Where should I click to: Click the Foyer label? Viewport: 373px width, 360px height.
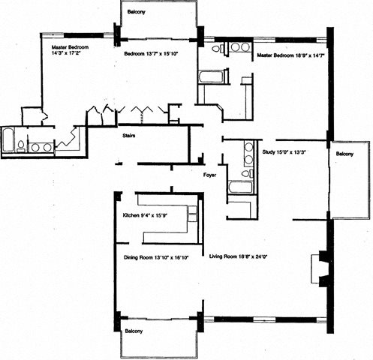[x=209, y=175]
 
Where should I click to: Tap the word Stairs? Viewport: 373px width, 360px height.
[x=129, y=136]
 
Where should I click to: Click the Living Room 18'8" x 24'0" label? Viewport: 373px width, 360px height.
[x=239, y=256]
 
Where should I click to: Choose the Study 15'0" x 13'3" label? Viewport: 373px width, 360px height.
[x=284, y=151]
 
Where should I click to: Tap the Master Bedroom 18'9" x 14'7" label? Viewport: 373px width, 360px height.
[x=290, y=55]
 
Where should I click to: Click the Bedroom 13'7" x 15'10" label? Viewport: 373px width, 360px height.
[x=151, y=53]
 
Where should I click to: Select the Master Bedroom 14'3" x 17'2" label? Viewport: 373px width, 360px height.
[x=70, y=49]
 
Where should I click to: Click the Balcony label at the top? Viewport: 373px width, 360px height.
[x=137, y=12]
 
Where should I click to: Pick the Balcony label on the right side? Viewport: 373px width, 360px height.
[x=344, y=154]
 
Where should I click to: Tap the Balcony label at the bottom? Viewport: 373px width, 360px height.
[x=134, y=331]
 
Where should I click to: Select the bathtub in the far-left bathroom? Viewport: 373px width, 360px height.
[x=8, y=140]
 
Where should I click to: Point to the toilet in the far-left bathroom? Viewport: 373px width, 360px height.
[x=20, y=146]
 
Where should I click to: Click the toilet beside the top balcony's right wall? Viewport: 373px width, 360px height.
[x=218, y=49]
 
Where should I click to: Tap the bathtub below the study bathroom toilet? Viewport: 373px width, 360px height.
[x=240, y=187]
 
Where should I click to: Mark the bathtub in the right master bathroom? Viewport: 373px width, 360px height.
[x=211, y=76]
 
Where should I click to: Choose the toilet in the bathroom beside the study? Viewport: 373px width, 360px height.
[x=247, y=173]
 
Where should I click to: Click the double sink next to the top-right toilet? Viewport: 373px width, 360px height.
[x=239, y=47]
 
